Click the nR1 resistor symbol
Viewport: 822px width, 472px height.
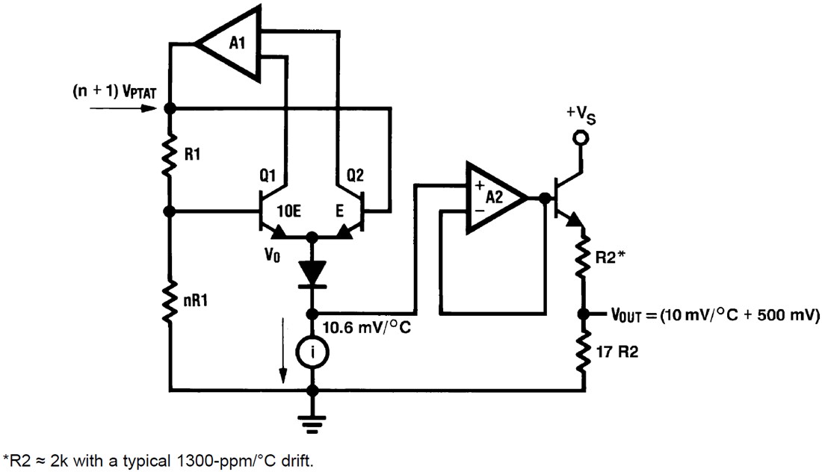tap(170, 301)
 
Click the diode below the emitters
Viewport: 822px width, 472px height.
tap(313, 272)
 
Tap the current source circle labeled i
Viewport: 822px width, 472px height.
tap(313, 350)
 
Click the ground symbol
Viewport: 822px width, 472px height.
tap(313, 422)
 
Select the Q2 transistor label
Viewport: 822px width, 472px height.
tap(356, 177)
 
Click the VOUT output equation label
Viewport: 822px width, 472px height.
tap(715, 315)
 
